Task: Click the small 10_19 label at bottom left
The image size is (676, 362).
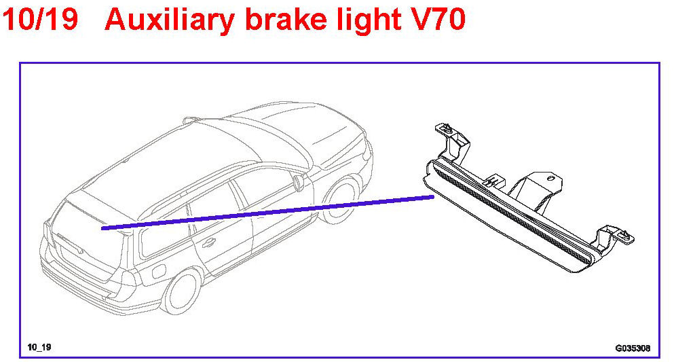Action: [39, 347]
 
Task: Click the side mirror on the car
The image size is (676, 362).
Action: [299, 181]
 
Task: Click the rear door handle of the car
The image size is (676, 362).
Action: [208, 242]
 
